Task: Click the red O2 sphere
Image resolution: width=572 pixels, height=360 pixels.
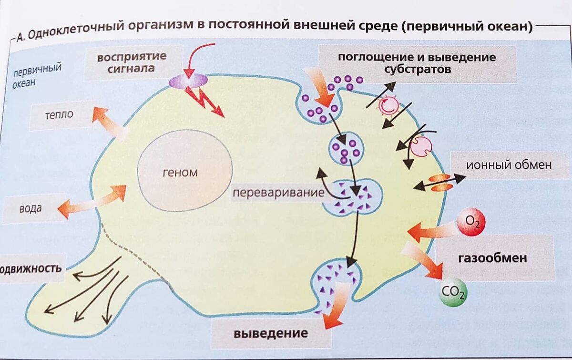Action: coord(471,221)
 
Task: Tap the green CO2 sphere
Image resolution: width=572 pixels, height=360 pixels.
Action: coord(453,291)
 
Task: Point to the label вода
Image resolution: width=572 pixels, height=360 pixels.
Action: coord(31,208)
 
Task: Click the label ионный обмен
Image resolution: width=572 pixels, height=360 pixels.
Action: coord(508,165)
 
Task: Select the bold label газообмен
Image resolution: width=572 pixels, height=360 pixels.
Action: coord(492,258)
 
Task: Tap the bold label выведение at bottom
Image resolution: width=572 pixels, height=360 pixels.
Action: coord(270,332)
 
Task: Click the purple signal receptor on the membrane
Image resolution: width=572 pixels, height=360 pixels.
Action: coord(188,81)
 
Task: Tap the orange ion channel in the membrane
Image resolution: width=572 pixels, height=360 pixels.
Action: coord(439,183)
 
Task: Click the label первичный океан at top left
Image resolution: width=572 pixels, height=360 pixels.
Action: coord(36,75)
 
